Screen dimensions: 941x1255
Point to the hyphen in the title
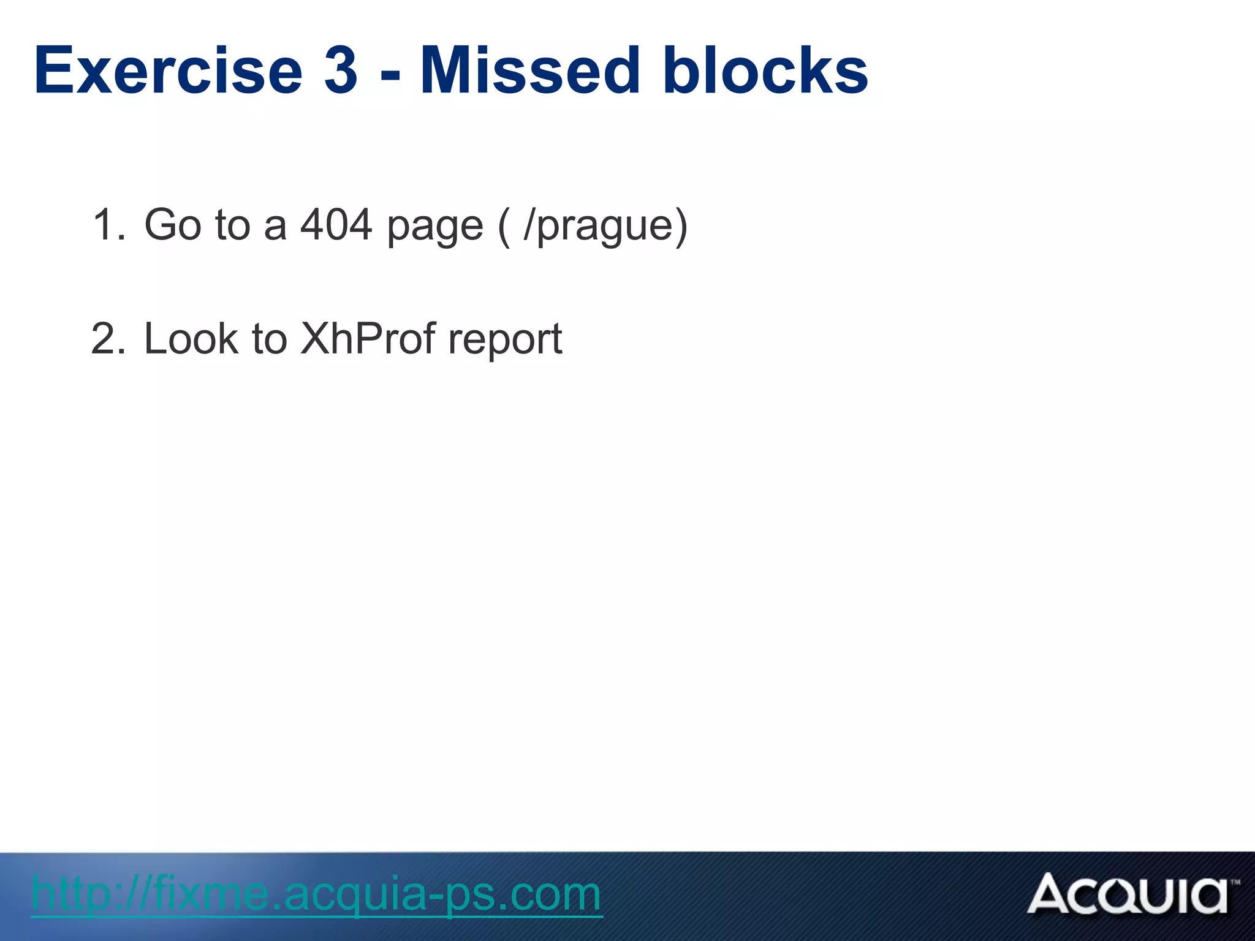(x=390, y=77)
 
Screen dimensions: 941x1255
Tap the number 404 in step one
(x=336, y=224)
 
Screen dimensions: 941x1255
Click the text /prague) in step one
(x=605, y=227)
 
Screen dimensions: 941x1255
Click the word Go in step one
(x=172, y=224)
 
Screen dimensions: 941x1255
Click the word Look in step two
(x=191, y=338)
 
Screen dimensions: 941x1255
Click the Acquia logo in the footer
(x=1128, y=894)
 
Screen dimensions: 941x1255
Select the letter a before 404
(x=275, y=227)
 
